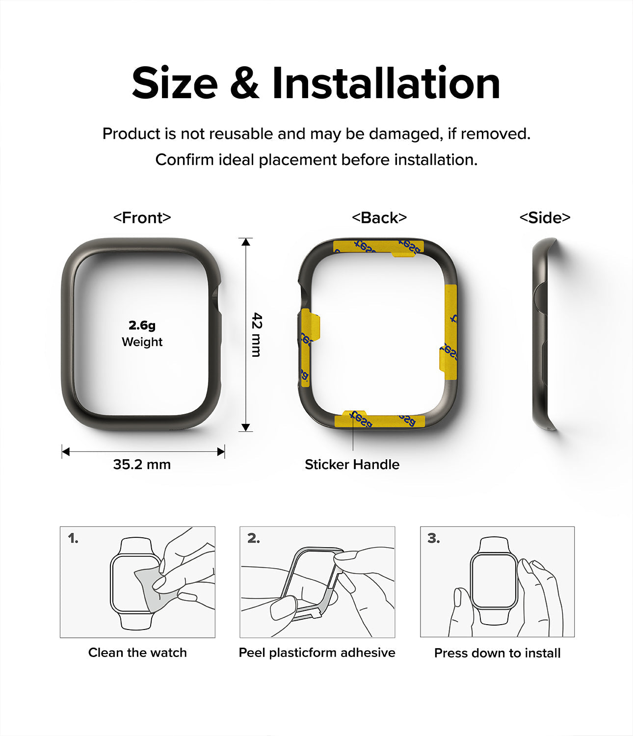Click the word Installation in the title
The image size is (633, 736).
386,83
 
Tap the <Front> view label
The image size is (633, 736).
142,217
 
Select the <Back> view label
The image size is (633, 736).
379,217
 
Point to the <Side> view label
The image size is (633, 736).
545,217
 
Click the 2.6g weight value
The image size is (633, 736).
142,325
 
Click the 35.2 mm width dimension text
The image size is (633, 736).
142,464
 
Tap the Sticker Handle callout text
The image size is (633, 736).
352,464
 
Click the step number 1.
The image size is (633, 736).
73,539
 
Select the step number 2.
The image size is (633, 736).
253,539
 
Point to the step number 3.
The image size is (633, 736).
433,539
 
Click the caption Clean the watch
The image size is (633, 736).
137,653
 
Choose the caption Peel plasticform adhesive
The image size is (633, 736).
317,653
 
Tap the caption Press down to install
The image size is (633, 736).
497,653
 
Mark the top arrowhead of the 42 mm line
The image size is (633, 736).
246,241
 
